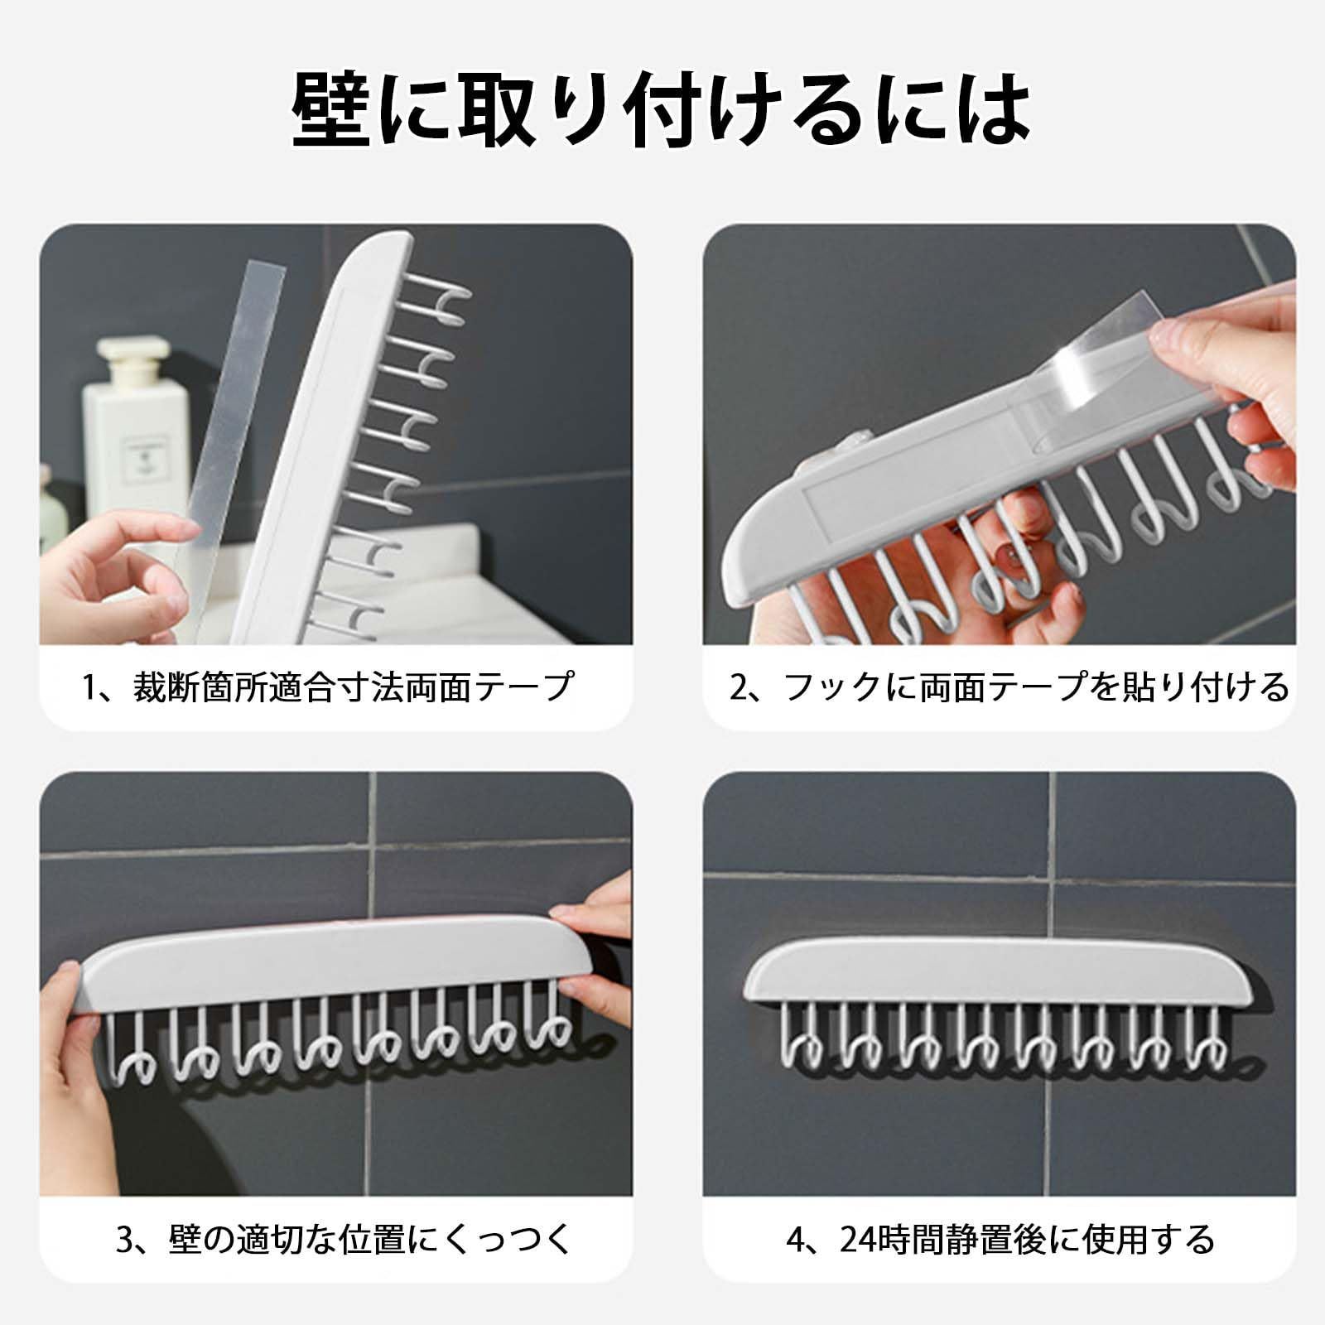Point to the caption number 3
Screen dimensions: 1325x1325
point(124,1240)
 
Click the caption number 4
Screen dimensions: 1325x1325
point(796,1240)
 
